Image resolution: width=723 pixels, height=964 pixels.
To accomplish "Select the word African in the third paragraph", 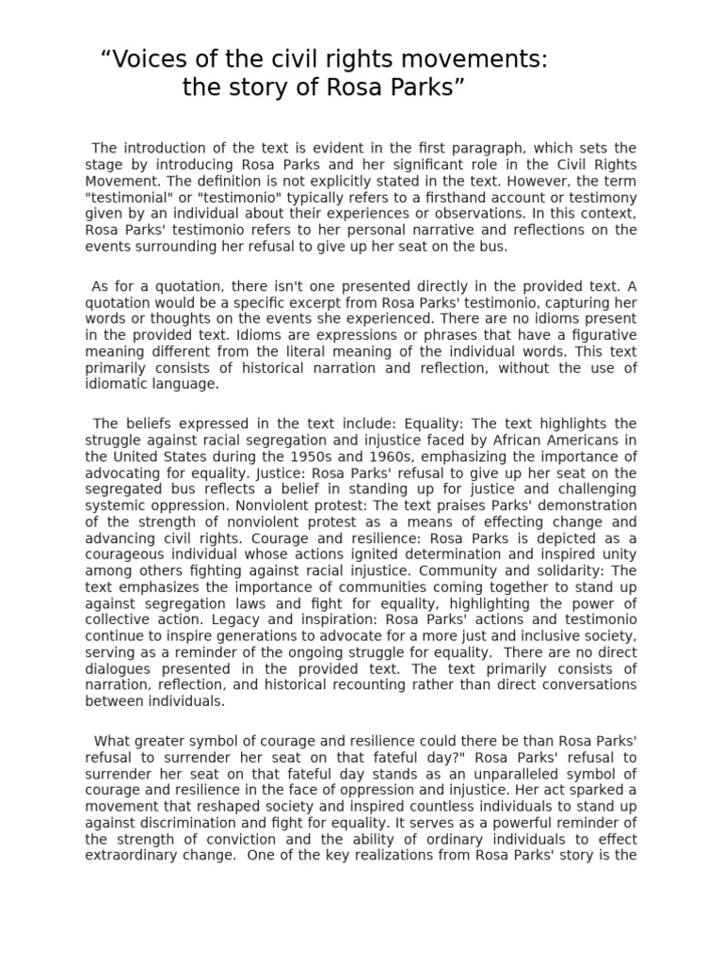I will point(512,441).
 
